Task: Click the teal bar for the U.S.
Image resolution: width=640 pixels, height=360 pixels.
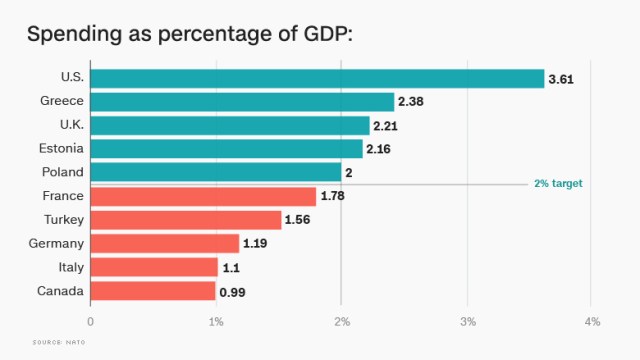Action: pyautogui.click(x=317, y=78)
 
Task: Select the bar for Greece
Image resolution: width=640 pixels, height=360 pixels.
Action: pyautogui.click(x=242, y=101)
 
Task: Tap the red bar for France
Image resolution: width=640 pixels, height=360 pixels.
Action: pyautogui.click(x=203, y=196)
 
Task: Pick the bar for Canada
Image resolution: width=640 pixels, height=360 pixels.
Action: pyautogui.click(x=153, y=291)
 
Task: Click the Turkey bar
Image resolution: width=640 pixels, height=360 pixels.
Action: pyautogui.click(x=186, y=220)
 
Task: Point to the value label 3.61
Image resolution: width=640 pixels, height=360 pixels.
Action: pyautogui.click(x=562, y=78)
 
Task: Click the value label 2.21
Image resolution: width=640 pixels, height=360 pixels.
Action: pyautogui.click(x=387, y=125)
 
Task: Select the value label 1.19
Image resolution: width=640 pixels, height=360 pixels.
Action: pyautogui.click(x=258, y=243)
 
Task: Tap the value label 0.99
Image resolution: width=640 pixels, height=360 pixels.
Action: pyautogui.click(x=233, y=291)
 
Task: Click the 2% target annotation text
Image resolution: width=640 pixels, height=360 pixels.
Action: pyautogui.click(x=558, y=184)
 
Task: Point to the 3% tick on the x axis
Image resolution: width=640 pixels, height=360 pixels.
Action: pyautogui.click(x=467, y=321)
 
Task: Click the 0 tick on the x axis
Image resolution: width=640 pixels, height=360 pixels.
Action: pyautogui.click(x=91, y=321)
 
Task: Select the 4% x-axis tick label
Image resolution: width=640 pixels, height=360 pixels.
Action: pyautogui.click(x=592, y=321)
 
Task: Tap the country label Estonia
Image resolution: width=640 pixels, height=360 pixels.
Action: pyautogui.click(x=61, y=148)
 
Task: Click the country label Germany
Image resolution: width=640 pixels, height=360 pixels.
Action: pyautogui.click(x=57, y=243)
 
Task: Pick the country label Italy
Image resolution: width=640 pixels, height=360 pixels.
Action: pyautogui.click(x=70, y=267)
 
